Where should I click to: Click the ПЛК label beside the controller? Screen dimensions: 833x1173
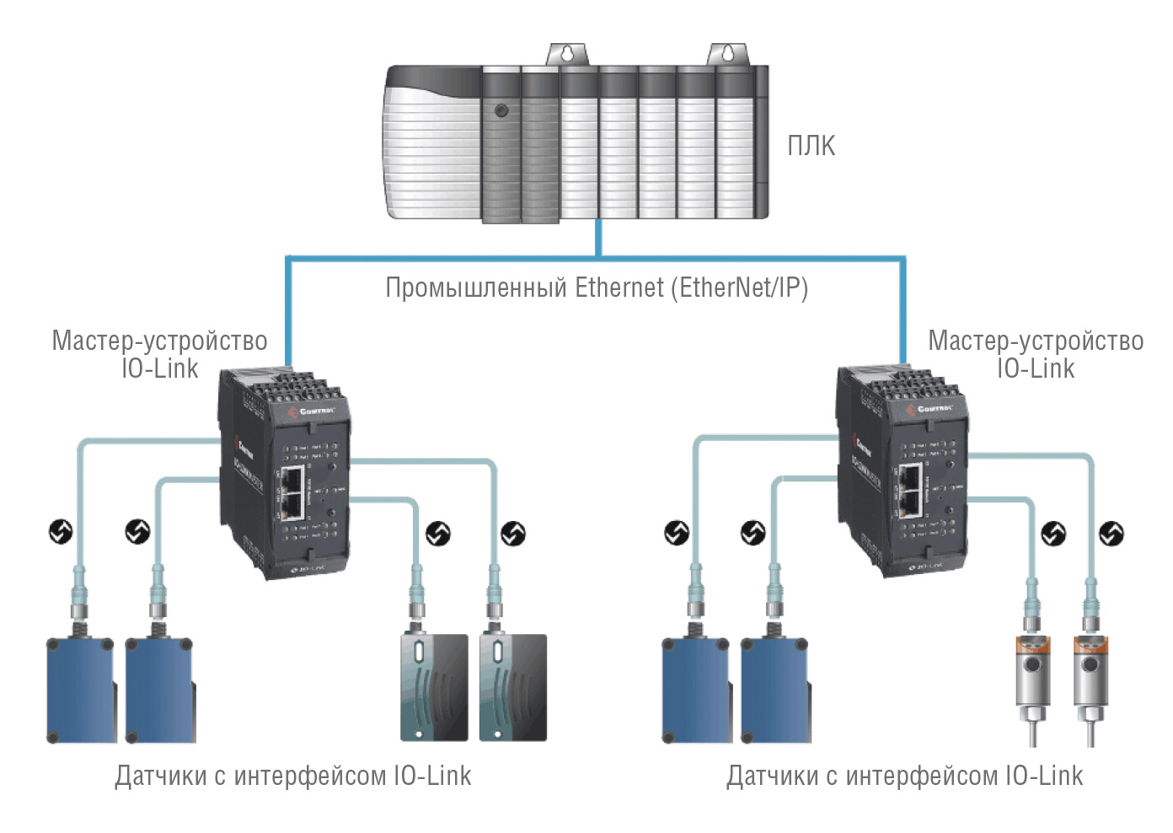coord(811,146)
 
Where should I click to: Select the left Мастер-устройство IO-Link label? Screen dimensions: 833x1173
coord(159,354)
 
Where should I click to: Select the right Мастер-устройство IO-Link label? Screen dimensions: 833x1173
coord(1035,354)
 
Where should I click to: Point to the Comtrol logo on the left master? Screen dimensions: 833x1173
coord(313,411)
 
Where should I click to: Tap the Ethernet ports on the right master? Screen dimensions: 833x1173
coord(909,491)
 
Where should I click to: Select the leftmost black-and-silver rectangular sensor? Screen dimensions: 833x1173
coord(434,687)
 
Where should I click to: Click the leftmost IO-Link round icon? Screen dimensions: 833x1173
coord(60,532)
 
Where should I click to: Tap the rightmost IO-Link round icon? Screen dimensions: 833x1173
coord(1111,534)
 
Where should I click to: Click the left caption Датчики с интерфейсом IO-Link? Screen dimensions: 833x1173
coord(292,776)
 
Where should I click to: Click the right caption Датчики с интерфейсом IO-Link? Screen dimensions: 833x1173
coord(904,776)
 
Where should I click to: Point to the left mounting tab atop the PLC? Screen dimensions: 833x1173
coord(567,54)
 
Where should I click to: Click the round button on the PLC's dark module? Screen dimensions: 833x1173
coord(501,110)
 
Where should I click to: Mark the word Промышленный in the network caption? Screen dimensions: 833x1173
coord(476,288)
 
